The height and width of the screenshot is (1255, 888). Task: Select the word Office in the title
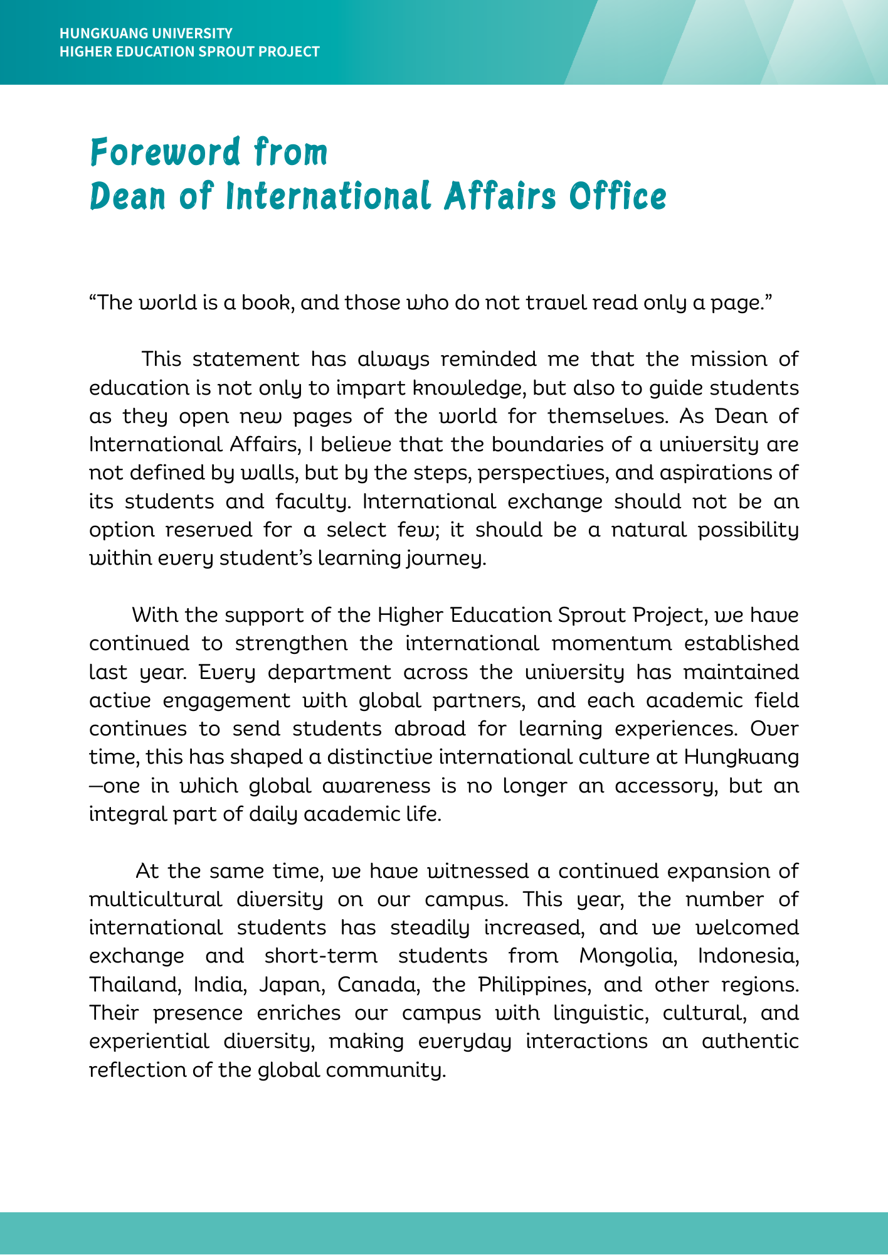[618, 197]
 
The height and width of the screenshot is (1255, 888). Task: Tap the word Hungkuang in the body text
[741, 757]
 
